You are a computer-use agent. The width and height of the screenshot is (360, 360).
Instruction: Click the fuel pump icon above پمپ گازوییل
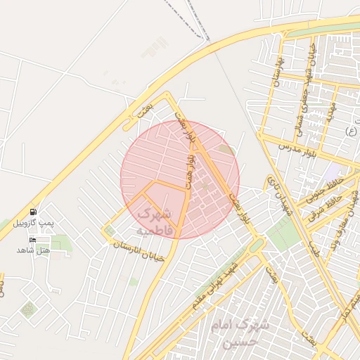34,212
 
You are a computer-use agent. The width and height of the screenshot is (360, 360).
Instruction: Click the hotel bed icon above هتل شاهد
33,240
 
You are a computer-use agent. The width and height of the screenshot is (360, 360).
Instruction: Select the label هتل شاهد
34,250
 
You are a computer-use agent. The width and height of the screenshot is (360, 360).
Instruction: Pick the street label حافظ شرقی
326,205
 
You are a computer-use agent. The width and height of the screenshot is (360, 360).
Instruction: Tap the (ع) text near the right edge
351,131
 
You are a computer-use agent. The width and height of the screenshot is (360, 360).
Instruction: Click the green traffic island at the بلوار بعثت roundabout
257,245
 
